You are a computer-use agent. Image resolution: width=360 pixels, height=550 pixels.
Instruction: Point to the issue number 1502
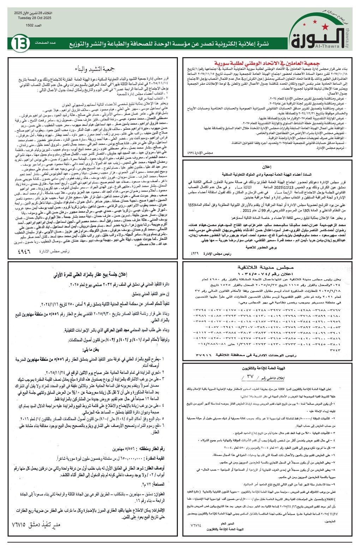pos(34,26)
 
